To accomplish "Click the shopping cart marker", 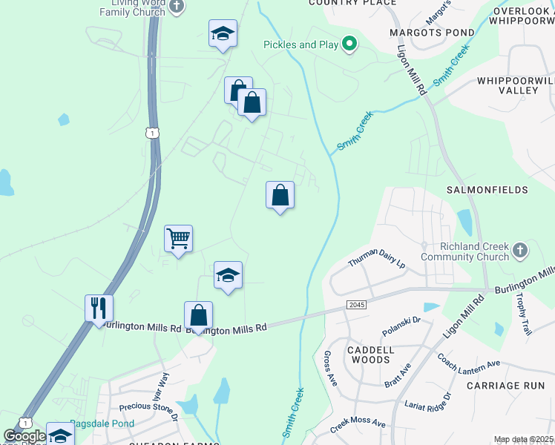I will [x=178, y=240].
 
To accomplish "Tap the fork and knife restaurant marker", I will [x=99, y=308].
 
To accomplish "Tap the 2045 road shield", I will [x=356, y=305].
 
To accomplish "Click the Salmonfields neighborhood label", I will [x=487, y=190].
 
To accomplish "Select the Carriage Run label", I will [x=501, y=386].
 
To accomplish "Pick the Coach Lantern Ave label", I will [x=469, y=366].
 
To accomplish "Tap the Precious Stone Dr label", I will [x=149, y=412].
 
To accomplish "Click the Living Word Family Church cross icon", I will [x=176, y=7].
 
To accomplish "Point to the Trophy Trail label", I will [x=524, y=313].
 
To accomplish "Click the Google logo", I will [x=24, y=436].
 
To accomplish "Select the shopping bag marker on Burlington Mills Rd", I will [x=198, y=315].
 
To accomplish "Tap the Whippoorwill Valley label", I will [x=517, y=85].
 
